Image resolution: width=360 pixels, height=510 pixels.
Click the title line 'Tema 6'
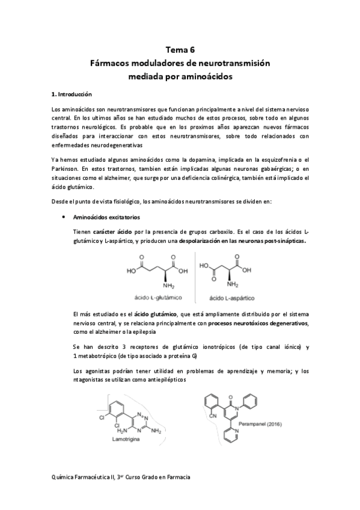click(180, 51)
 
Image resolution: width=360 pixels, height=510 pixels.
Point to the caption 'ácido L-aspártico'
click(231, 297)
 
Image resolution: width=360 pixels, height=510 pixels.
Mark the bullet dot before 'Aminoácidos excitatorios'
click(64, 217)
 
